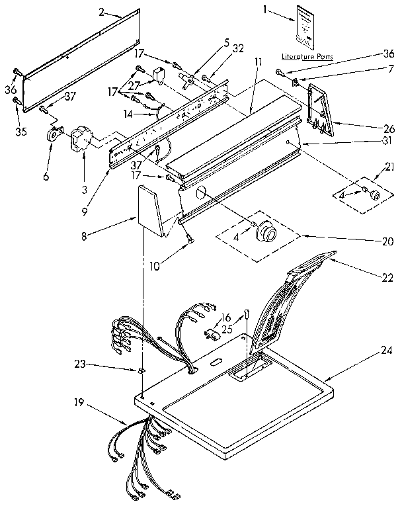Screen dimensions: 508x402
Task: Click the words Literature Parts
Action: (x=308, y=56)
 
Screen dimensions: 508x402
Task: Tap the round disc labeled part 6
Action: (x=52, y=135)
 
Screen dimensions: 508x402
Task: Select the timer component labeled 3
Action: (x=80, y=142)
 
